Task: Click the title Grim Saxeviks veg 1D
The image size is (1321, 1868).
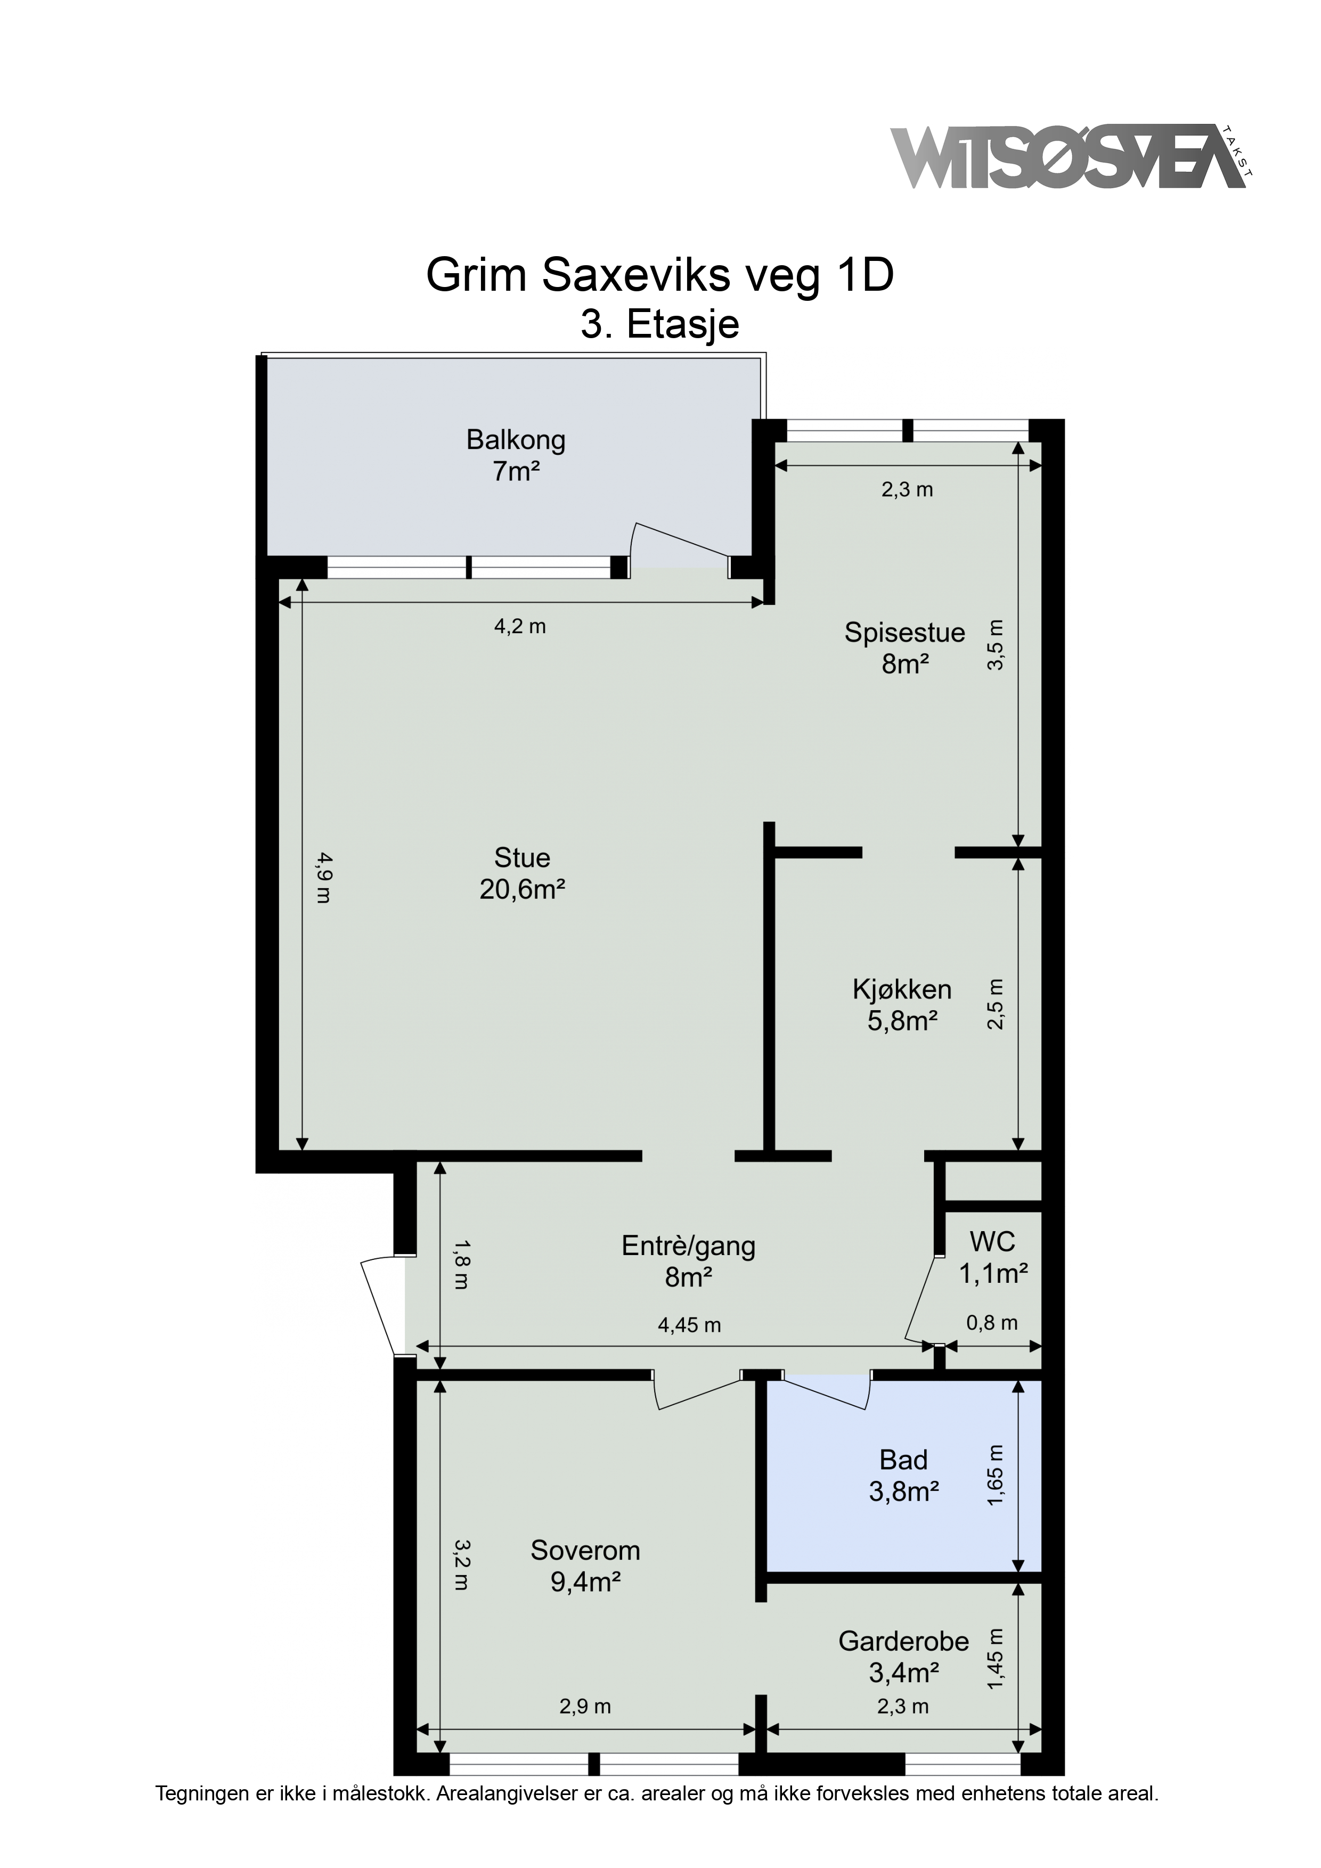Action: pyautogui.click(x=660, y=276)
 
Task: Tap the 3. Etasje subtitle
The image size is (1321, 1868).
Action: pyautogui.click(x=660, y=325)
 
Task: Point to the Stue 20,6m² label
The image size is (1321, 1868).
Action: pyautogui.click(x=523, y=873)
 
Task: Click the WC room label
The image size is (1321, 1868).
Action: pyautogui.click(x=993, y=1257)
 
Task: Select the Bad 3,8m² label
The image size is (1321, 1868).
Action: pyautogui.click(x=903, y=1476)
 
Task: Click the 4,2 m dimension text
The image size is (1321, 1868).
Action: pyautogui.click(x=520, y=626)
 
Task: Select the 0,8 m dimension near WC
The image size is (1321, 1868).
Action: pyautogui.click(x=992, y=1323)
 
